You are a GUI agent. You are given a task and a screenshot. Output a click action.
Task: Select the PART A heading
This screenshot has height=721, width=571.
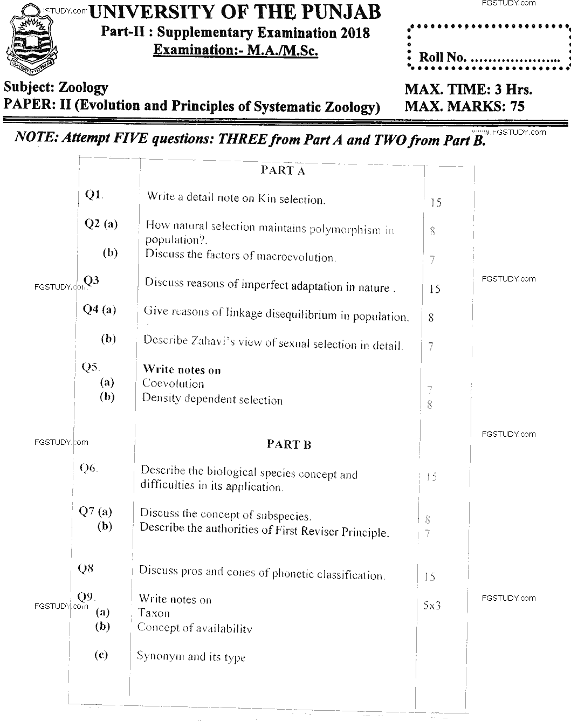283,171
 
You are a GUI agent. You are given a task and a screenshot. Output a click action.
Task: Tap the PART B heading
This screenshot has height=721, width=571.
289,444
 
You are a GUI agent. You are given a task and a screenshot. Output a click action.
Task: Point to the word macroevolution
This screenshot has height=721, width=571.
295,257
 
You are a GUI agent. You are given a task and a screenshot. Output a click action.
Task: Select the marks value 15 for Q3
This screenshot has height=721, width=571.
435,290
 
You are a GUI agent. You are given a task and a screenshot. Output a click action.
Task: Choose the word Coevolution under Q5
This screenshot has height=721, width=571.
173,384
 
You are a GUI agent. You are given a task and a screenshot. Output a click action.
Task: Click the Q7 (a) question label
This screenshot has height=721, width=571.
95,511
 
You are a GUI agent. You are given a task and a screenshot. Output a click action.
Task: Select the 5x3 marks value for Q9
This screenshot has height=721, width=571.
432,605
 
